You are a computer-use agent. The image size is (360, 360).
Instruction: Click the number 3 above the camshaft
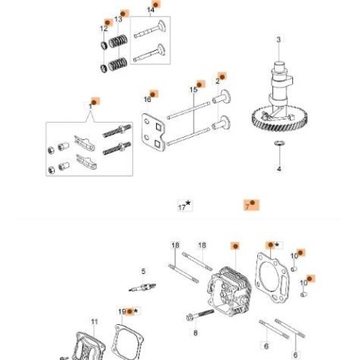278,40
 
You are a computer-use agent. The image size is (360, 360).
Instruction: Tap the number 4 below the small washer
279,170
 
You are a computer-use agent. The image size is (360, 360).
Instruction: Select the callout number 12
104,29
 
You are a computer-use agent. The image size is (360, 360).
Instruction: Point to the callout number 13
119,18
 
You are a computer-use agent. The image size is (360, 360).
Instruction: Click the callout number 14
151,10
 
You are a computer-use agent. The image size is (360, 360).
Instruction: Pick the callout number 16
147,99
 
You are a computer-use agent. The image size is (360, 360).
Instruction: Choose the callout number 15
194,89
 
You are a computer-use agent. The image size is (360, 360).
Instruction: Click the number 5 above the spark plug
143,272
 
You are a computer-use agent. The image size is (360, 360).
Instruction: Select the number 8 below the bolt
195,333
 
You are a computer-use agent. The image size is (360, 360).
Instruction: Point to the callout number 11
94,322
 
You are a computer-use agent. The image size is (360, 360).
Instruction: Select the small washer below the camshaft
279,143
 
